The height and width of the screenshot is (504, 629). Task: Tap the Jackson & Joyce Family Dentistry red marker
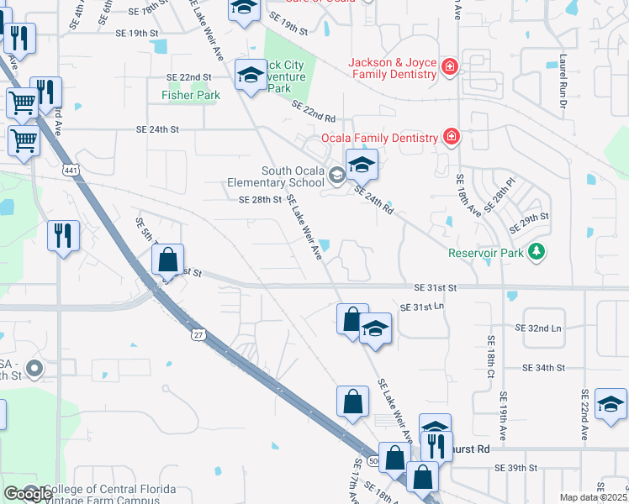[450, 66]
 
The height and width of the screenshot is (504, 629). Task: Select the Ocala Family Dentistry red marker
[452, 136]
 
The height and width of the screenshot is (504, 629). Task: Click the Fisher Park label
[191, 96]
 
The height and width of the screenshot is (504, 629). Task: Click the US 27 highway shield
[198, 334]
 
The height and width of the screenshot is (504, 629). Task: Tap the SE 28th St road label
[259, 200]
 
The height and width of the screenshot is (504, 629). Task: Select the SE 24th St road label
[158, 129]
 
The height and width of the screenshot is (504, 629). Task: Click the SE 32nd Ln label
[542, 328]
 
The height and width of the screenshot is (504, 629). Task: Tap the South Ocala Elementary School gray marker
[336, 175]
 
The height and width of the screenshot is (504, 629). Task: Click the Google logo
[28, 494]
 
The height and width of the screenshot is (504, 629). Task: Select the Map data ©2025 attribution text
[593, 497]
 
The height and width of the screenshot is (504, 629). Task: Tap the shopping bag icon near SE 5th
[168, 260]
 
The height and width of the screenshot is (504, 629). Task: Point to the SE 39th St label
[515, 467]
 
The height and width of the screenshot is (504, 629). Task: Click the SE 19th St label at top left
[136, 33]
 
